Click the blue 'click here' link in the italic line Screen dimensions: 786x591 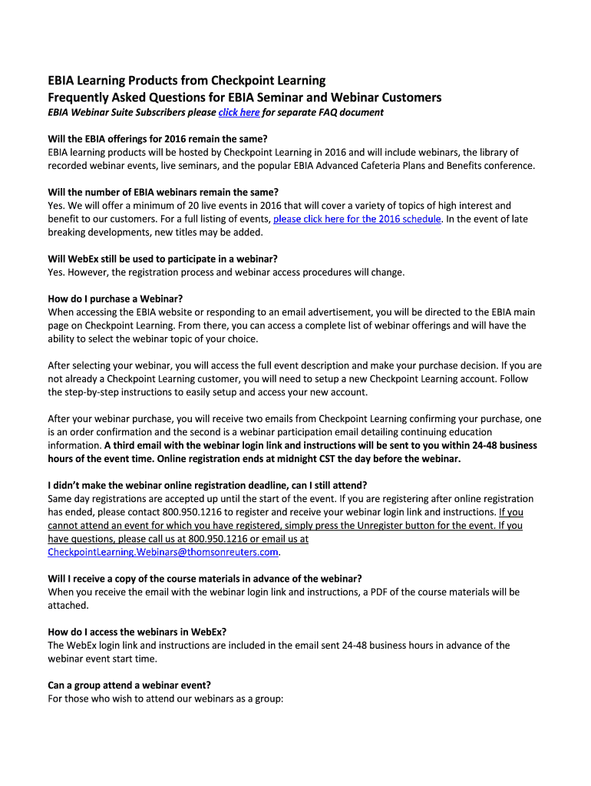[x=239, y=113]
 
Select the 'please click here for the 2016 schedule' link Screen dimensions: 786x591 [x=357, y=219]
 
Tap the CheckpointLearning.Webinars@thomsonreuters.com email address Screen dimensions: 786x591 [x=163, y=552]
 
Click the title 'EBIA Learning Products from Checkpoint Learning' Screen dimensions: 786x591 [x=187, y=81]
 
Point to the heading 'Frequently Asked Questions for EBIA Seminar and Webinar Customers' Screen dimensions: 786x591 [x=245, y=97]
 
